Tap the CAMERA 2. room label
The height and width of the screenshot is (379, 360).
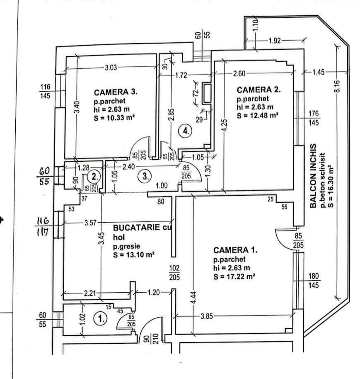(x=259, y=90)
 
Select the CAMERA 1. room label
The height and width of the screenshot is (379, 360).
(x=235, y=250)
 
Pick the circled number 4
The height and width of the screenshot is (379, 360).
(x=186, y=131)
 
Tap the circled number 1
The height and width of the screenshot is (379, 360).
(x=99, y=319)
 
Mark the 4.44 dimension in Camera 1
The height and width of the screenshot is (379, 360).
(x=194, y=296)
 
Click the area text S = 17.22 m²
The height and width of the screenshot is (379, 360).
(x=234, y=275)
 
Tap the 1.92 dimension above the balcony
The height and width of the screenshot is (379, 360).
(x=275, y=41)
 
